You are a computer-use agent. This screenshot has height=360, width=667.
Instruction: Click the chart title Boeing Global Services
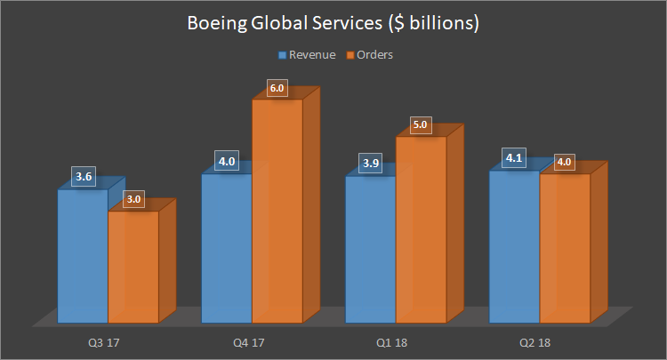pyautogui.click(x=333, y=24)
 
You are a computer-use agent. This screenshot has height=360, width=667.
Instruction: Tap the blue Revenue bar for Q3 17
pyautogui.click(x=83, y=258)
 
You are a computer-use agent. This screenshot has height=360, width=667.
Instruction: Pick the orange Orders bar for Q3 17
pyautogui.click(x=133, y=267)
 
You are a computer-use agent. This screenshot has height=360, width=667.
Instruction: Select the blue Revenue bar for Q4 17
pyautogui.click(x=227, y=249)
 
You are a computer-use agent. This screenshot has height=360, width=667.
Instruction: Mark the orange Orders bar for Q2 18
pyautogui.click(x=566, y=249)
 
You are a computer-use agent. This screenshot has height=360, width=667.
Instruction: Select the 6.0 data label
pyautogui.click(x=277, y=88)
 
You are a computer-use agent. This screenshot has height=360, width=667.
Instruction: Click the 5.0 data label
pyautogui.click(x=422, y=125)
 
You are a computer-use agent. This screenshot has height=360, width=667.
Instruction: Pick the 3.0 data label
pyautogui.click(x=134, y=199)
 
